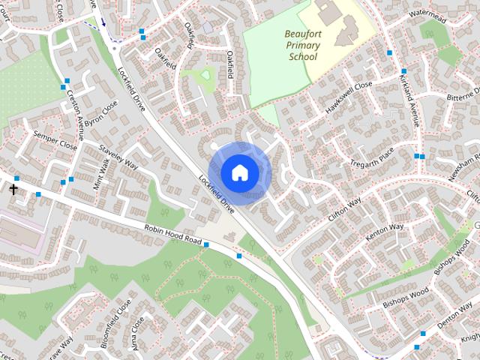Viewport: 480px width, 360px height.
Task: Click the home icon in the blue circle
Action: [x=239, y=172]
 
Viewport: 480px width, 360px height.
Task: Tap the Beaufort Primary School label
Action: [x=301, y=45]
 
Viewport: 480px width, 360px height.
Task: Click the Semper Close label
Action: [x=55, y=140]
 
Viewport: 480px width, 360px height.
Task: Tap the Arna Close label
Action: [x=138, y=332]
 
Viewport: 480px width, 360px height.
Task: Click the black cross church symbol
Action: [x=13, y=189]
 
